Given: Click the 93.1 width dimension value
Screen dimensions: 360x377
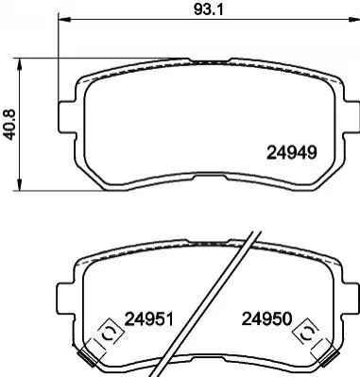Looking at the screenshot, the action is (208, 10).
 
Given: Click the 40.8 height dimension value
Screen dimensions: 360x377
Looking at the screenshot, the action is (9, 125).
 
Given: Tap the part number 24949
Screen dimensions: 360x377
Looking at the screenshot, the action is (291, 153).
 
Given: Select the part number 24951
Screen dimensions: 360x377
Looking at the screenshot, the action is (149, 319).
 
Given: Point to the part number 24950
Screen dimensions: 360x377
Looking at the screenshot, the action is (266, 318).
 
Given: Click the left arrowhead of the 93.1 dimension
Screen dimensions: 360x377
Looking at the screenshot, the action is (64, 20).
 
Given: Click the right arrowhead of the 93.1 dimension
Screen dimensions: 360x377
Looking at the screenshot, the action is (354, 20).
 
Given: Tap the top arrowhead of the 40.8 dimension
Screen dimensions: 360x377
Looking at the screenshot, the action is (20, 64).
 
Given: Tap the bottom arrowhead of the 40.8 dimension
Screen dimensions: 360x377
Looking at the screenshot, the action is (20, 185).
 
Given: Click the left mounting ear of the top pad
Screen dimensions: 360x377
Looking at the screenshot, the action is (67, 117).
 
